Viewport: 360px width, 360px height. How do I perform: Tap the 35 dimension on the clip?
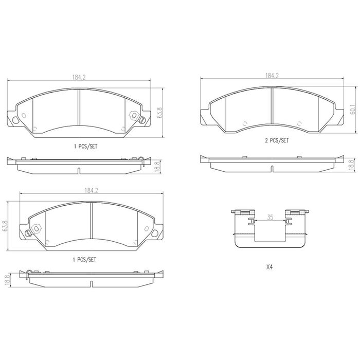[270, 217]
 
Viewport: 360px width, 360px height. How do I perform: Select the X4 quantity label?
[269, 267]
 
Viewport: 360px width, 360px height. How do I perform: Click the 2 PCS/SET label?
[277, 140]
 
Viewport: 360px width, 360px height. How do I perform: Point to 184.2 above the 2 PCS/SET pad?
[272, 76]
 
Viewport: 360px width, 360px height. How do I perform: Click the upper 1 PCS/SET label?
[86, 146]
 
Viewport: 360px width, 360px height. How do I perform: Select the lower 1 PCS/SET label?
[84, 260]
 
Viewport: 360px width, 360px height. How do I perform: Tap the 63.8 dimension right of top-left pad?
[160, 113]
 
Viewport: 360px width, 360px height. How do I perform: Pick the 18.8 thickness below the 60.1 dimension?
[351, 165]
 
